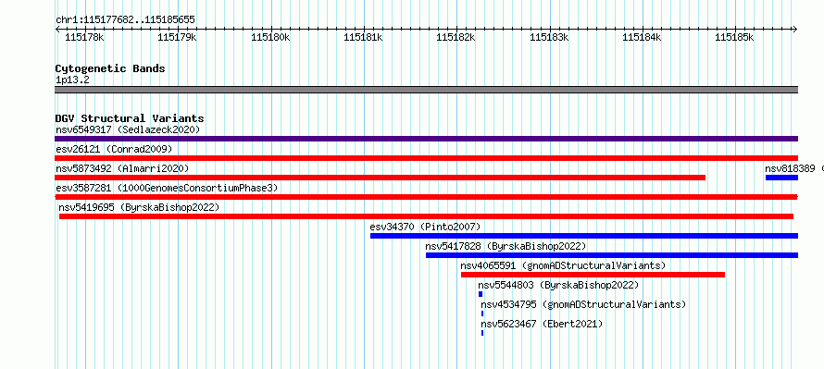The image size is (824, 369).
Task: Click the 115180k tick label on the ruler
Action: pos(270,37)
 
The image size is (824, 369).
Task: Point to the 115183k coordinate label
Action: pos(549,37)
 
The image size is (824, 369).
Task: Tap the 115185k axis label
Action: pos(734,37)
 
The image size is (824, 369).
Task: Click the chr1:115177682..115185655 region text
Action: pos(125,20)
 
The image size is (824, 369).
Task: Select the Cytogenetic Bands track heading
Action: pos(110,68)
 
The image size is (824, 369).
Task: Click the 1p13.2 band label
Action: pos(72,80)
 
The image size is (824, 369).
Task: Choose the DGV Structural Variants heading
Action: pos(130,118)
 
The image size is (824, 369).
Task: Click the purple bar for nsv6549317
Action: pos(426,139)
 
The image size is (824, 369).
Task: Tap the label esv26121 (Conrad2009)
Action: pos(114,149)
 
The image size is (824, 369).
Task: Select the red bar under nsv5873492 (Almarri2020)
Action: pos(380,178)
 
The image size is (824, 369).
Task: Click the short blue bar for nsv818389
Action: pos(782,178)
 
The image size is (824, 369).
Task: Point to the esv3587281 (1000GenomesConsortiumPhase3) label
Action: pos(167,188)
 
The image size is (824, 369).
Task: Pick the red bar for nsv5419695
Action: pos(426,216)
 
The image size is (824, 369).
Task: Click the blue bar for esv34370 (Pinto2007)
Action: pos(584,236)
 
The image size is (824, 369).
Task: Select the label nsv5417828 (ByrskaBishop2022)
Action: pos(506,246)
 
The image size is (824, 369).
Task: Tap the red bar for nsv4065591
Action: pos(593,275)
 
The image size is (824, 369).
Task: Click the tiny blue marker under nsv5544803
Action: pos(481,294)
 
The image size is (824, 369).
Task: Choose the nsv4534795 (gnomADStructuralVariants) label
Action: pos(583,304)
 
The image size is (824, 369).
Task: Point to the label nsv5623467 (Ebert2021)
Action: pos(542,324)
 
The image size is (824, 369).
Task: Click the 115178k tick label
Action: pos(84,37)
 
